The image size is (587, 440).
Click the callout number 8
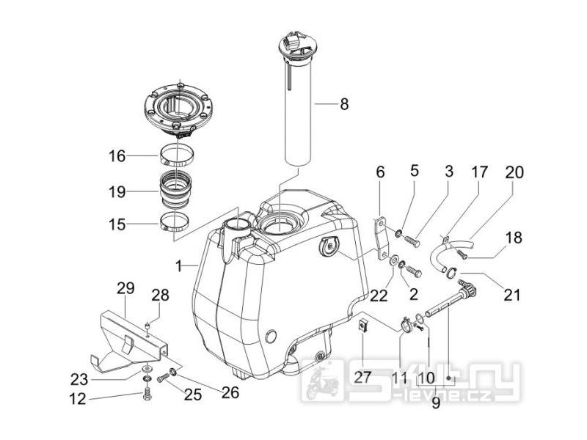pos(343,105)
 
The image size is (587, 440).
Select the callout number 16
pos(117,156)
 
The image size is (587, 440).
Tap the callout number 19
pos(117,193)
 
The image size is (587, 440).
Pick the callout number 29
pos(124,289)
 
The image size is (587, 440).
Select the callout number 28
pos(161,296)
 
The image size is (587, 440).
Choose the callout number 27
pos(364,377)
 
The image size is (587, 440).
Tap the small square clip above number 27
pos(362,326)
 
